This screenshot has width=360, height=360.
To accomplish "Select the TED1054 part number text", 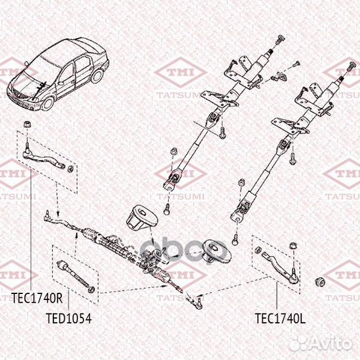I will point(68,319).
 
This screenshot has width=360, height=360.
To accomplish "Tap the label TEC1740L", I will point(280,319).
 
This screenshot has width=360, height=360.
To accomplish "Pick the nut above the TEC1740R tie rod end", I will point(25,125).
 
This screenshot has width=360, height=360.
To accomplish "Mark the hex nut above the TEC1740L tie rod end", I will point(293,247).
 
